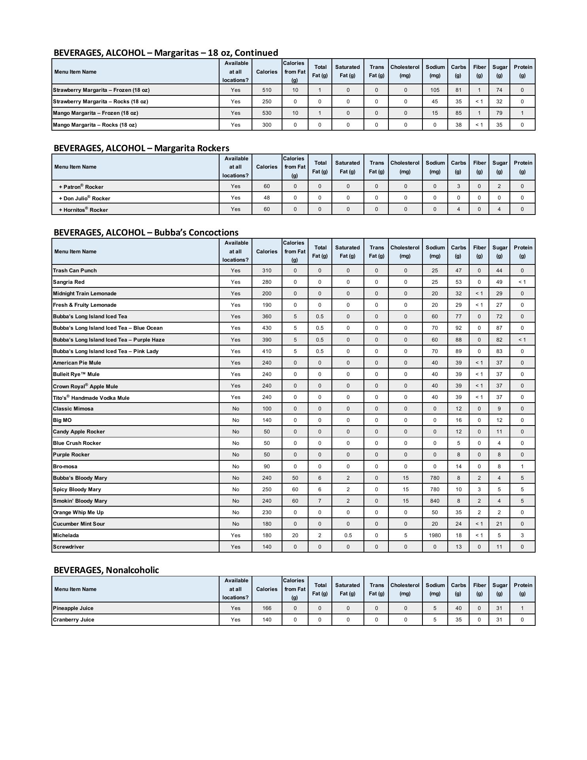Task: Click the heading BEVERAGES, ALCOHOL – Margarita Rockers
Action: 141,148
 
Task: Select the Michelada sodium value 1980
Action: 435,535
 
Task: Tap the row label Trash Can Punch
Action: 75,270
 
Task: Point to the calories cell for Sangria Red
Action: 267,282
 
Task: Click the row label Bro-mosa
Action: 65,466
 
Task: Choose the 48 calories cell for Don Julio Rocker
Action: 267,198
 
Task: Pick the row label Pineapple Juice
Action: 73,608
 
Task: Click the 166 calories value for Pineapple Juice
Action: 267,608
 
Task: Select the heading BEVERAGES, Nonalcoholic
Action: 106,570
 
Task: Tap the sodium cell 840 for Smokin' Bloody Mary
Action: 435,501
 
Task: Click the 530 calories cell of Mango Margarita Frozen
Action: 267,113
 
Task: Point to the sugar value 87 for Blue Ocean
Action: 499,328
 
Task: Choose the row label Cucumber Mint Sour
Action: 79,524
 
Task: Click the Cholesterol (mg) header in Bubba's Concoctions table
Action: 405,251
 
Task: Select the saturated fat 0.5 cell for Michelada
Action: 348,535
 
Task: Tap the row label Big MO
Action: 62,420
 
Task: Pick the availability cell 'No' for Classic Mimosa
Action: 236,408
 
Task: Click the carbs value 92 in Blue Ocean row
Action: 458,328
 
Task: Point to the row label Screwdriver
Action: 68,547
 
